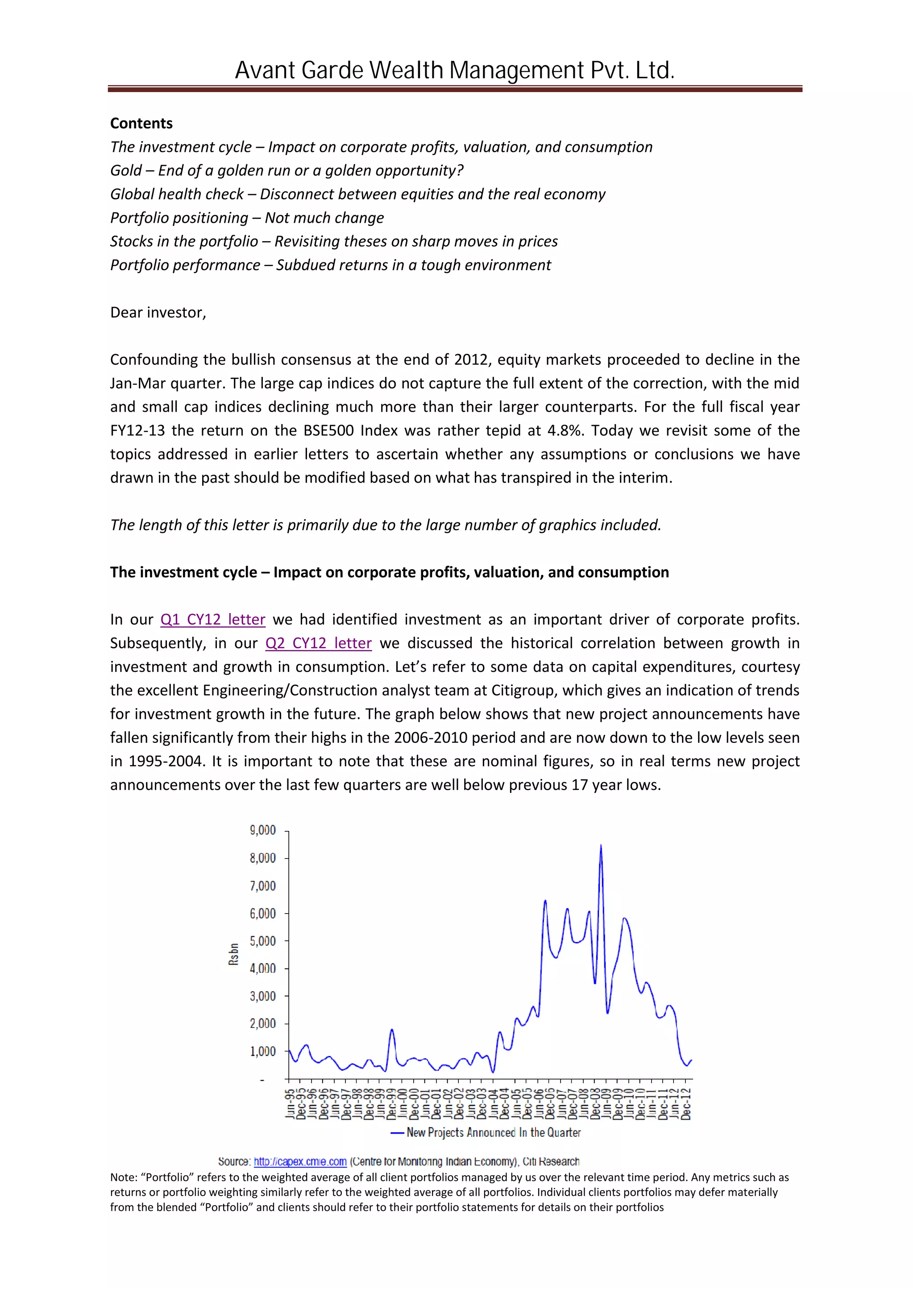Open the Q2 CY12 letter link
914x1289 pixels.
click(x=318, y=643)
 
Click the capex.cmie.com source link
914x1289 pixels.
click(x=300, y=1161)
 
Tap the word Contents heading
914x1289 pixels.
click(x=141, y=123)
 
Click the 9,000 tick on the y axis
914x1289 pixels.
click(x=262, y=830)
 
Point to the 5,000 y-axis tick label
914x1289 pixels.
click(x=262, y=941)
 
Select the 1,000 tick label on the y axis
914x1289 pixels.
click(x=262, y=1051)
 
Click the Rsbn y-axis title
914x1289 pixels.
click(x=233, y=955)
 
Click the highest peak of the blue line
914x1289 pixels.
click(x=601, y=846)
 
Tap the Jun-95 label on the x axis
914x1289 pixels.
click(x=290, y=1103)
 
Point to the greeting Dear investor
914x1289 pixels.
click(x=158, y=313)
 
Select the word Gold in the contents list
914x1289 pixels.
click(x=126, y=171)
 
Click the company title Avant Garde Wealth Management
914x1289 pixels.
click(x=455, y=71)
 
